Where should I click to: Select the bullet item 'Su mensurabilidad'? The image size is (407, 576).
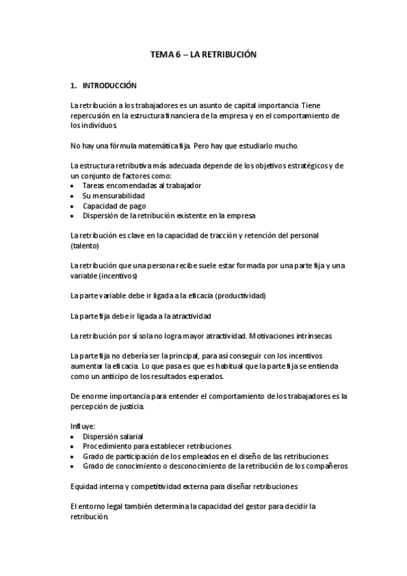coord(113,196)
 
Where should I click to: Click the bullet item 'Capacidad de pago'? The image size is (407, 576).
coord(114,206)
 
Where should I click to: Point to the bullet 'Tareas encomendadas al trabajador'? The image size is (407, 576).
coord(141,185)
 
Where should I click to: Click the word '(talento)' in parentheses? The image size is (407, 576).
coord(85,246)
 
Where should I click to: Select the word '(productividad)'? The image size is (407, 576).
coord(241,296)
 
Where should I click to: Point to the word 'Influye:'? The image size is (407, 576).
coord(83,427)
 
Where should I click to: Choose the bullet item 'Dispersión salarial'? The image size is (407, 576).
coord(113,437)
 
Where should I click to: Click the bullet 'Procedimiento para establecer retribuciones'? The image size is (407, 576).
coord(157,446)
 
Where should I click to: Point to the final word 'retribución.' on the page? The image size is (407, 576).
coord(90,516)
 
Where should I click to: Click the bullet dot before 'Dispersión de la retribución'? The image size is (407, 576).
coord(73,216)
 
